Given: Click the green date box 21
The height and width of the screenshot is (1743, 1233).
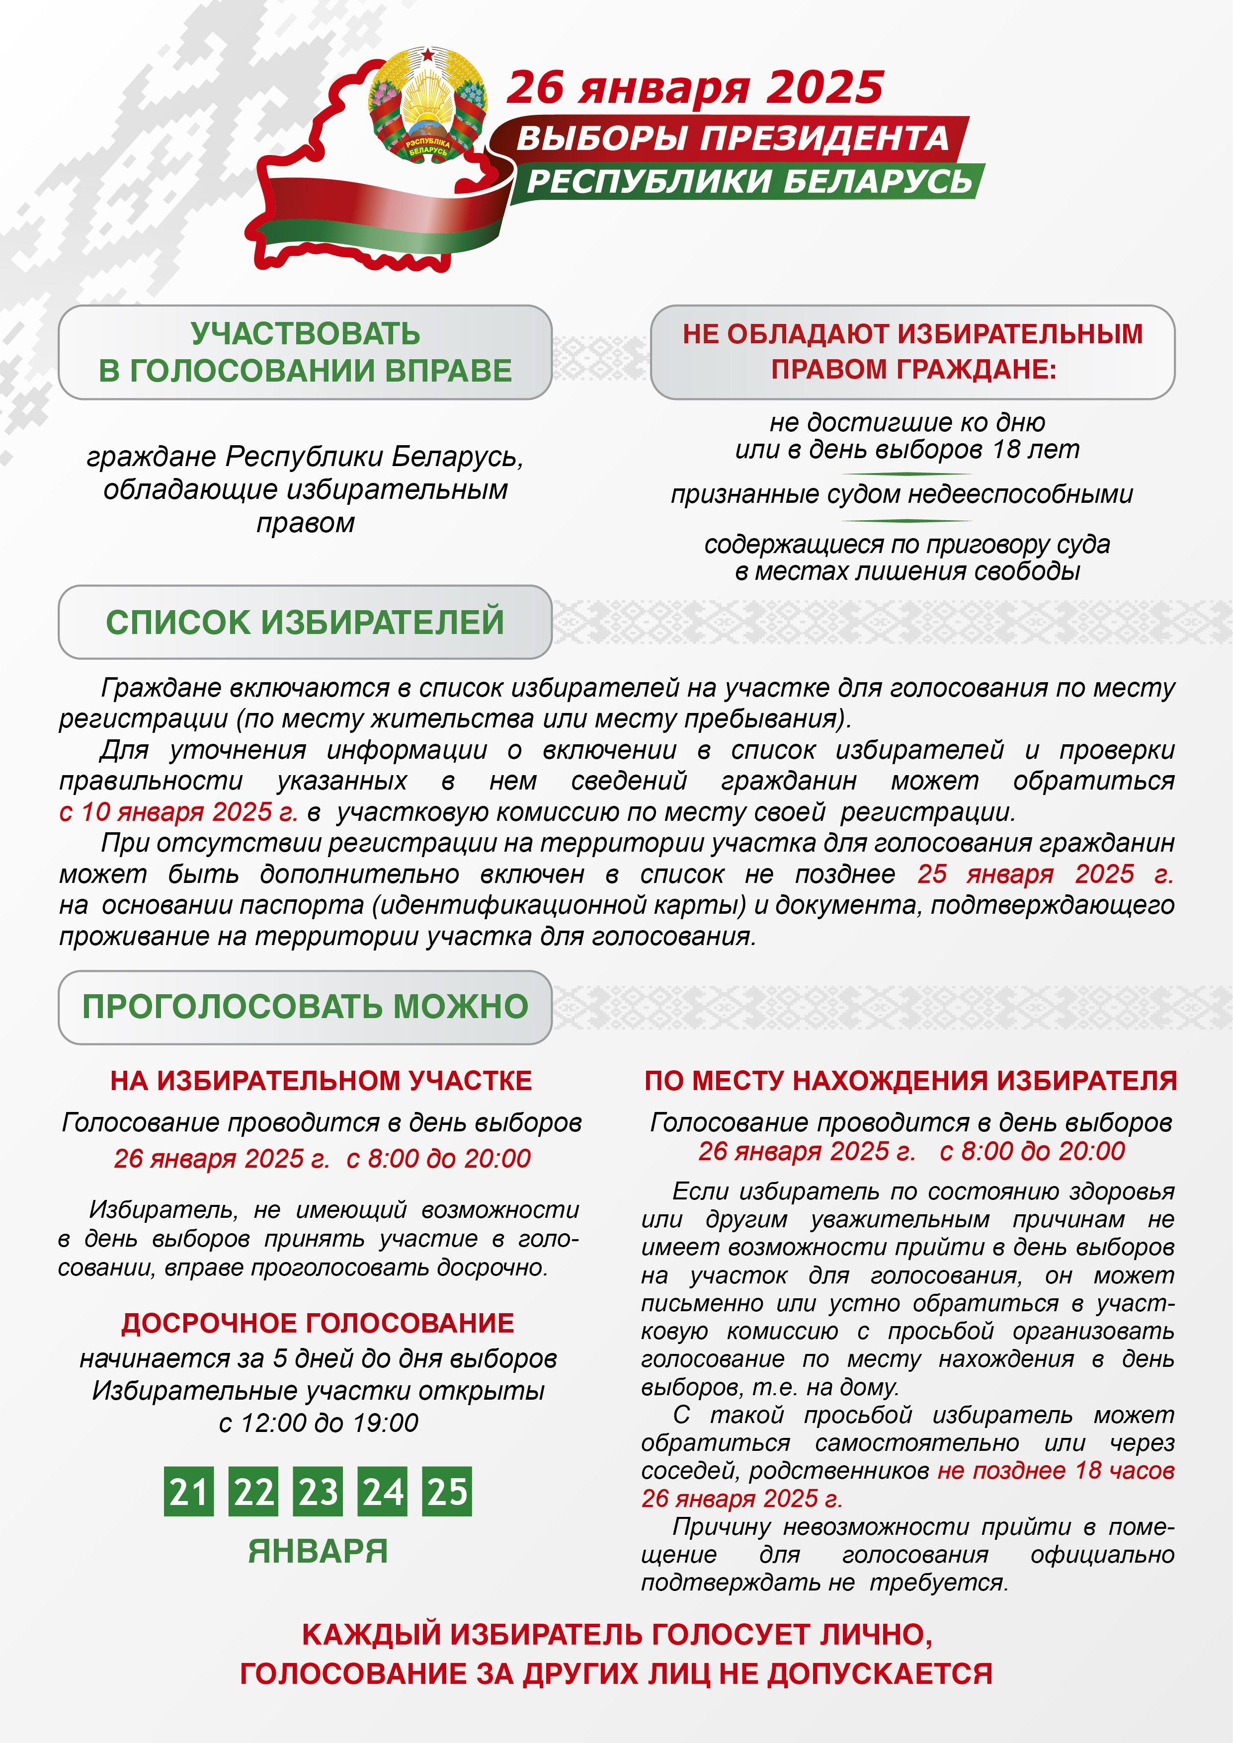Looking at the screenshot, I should (188, 1491).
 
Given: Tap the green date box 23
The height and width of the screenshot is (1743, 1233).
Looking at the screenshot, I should (318, 1491).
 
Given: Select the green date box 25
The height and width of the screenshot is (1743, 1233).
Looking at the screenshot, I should (447, 1491).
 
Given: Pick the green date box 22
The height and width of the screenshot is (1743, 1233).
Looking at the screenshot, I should (253, 1491).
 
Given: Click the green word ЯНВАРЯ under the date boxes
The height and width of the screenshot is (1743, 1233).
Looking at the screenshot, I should (318, 1550).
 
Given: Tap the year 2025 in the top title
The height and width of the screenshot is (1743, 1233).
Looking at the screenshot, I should (824, 87).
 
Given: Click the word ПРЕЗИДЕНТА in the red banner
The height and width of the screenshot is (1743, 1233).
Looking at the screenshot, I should (824, 139).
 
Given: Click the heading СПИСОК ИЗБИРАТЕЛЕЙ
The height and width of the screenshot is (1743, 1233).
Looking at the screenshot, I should (305, 622).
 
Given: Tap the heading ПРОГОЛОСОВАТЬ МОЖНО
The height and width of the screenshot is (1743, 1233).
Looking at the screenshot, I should (305, 1007).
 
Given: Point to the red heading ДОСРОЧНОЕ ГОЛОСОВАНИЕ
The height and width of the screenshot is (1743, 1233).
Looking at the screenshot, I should (318, 1323).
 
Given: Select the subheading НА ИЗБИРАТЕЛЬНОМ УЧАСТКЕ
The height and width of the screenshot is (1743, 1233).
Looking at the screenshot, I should (321, 1080).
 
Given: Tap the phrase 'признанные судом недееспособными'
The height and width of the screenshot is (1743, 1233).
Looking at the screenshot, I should (901, 494).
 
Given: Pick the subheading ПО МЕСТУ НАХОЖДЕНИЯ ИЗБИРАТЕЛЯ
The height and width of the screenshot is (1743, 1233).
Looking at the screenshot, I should (910, 1080).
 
